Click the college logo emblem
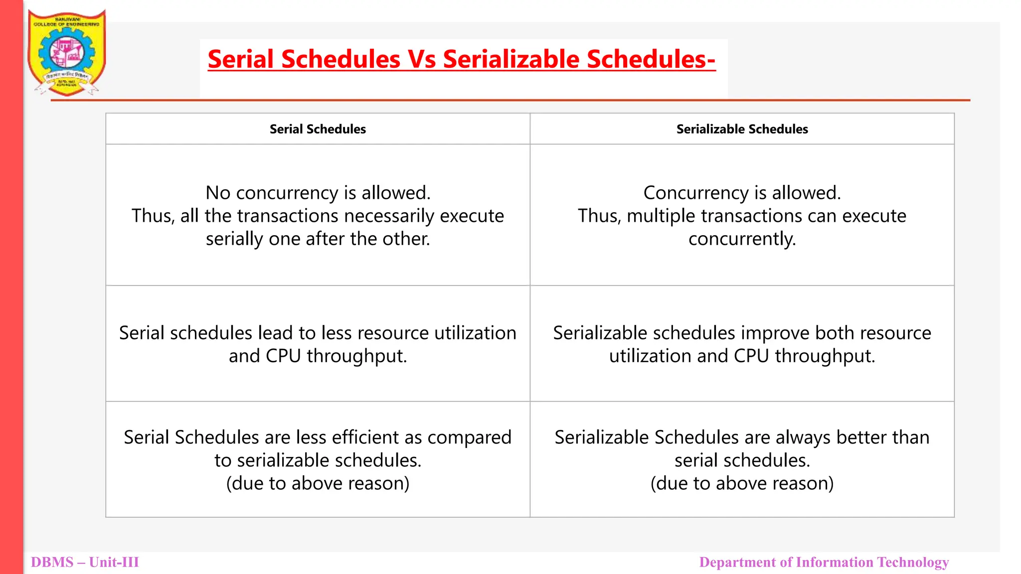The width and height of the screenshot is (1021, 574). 66,52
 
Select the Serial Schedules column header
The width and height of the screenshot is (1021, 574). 318,129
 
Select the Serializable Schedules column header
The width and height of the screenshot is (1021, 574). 742,129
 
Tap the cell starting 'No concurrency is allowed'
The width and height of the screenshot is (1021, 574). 318,215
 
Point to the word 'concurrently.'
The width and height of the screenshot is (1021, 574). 742,239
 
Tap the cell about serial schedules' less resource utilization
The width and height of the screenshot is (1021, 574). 318,344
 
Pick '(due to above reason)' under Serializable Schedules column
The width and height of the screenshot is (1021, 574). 742,483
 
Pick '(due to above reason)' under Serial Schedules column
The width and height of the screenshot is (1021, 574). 318,483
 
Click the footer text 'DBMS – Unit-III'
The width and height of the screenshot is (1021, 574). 85,562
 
